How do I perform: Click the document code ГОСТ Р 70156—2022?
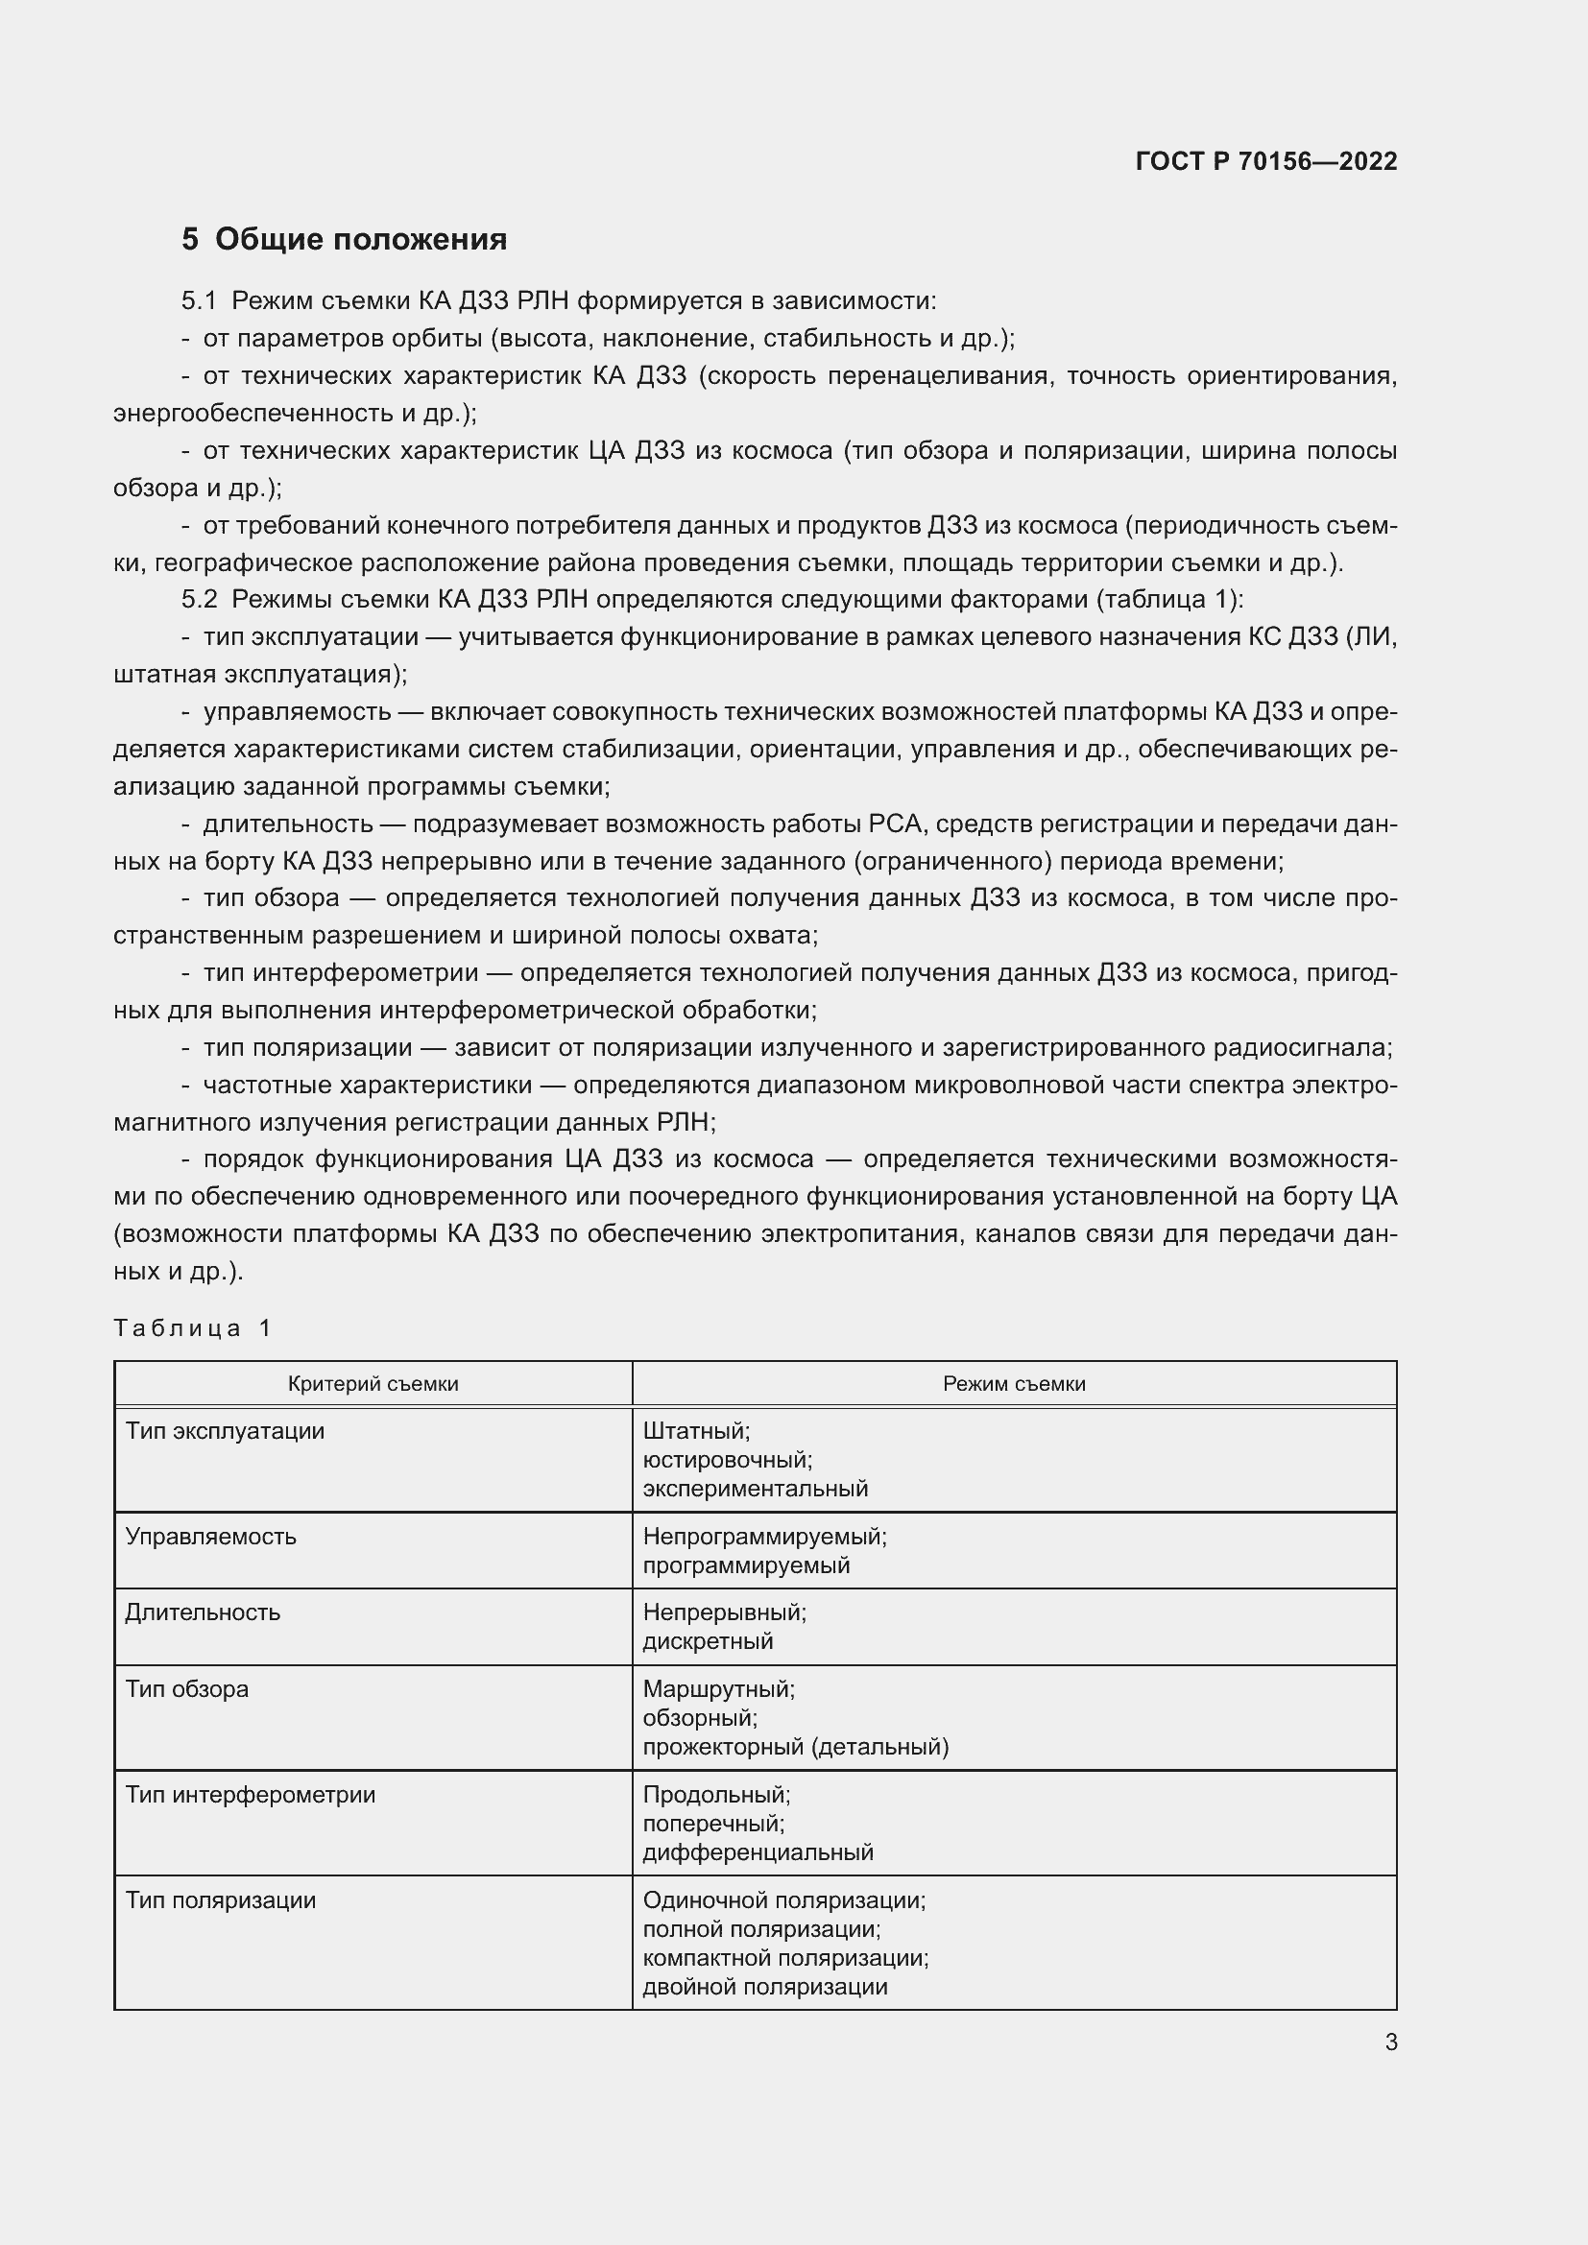point(1265,161)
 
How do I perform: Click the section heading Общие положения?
point(360,240)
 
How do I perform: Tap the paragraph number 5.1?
point(199,301)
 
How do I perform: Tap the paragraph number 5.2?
point(199,599)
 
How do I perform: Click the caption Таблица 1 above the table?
point(193,1327)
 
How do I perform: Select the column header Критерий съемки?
point(373,1384)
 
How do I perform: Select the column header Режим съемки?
point(1013,1384)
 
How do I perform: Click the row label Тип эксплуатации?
point(225,1431)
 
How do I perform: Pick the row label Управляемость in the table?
point(210,1537)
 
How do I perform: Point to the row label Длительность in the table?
point(203,1612)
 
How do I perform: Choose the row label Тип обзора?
point(187,1688)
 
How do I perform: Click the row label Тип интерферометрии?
point(251,1794)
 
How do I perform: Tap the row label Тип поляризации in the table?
point(221,1899)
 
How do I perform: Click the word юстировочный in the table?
point(728,1460)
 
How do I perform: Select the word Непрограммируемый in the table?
point(763,1537)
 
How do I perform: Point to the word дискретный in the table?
point(708,1640)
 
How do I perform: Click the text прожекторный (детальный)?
point(795,1746)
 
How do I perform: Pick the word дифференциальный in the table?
point(758,1851)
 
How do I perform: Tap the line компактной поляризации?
point(785,1957)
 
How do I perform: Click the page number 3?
point(1390,2042)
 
